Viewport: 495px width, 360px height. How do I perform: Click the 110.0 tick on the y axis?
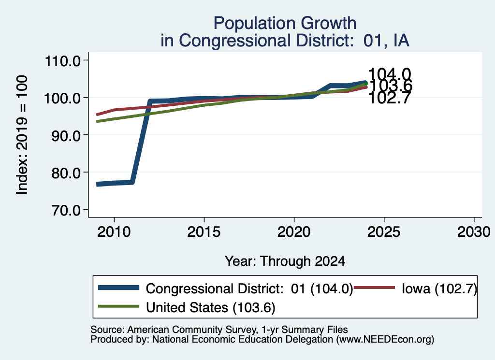point(63,60)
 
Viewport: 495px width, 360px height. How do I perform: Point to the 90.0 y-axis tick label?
point(66,135)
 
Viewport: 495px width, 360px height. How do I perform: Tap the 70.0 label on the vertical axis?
point(66,210)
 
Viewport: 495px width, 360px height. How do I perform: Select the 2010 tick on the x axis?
point(114,232)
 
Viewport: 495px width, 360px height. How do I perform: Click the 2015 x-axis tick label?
point(204,232)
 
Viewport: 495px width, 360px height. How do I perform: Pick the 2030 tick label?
point(474,232)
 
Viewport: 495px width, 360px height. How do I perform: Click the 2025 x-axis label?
point(384,232)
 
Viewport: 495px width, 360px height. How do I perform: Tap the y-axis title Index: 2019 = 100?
point(22,135)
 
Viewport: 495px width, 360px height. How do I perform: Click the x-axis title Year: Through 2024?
point(285,261)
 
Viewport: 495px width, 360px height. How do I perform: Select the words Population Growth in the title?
point(285,23)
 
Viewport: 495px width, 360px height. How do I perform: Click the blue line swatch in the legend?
point(119,288)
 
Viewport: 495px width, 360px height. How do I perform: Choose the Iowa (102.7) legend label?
point(439,288)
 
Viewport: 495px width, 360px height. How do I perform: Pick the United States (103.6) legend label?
point(211,307)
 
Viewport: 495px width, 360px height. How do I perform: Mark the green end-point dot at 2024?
point(366,84)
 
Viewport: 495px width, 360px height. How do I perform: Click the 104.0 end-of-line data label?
point(390,74)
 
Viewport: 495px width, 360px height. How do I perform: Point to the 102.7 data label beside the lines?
point(390,98)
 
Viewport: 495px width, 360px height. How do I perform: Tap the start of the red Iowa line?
point(97,115)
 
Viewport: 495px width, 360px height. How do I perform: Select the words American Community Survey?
point(192,330)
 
